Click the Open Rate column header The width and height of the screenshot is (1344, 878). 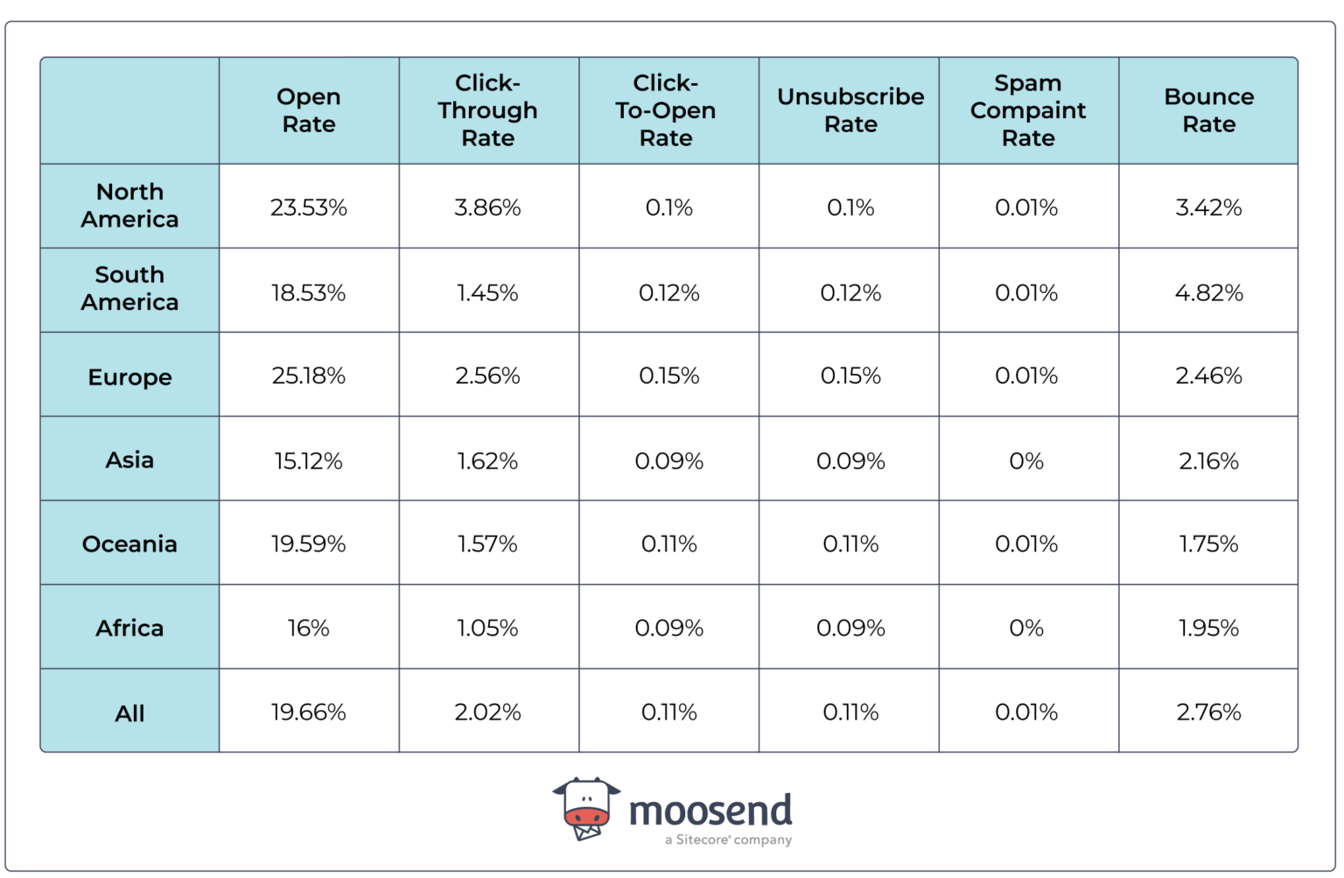pyautogui.click(x=309, y=110)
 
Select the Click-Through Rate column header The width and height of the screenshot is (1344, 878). pyautogui.click(x=488, y=110)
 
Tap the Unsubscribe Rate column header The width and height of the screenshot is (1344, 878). pyautogui.click(x=850, y=110)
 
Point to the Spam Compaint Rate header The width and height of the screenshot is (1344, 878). pyautogui.click(x=1028, y=110)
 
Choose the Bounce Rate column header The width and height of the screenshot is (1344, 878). pyautogui.click(x=1208, y=110)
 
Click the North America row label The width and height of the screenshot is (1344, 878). pyautogui.click(x=129, y=206)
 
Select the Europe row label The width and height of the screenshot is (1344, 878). pyautogui.click(x=129, y=377)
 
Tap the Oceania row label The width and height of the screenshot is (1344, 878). pyautogui.click(x=129, y=544)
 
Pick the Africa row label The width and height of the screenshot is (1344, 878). pyautogui.click(x=129, y=628)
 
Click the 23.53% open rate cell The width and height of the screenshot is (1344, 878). pyautogui.click(x=309, y=207)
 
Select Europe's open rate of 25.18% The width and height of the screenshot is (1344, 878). pyautogui.click(x=309, y=376)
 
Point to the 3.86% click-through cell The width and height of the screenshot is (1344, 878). pyautogui.click(x=488, y=207)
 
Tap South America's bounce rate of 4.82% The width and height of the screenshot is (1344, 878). pyautogui.click(x=1208, y=292)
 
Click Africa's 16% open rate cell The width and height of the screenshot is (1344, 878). pyautogui.click(x=309, y=628)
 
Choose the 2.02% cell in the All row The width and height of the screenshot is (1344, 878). pyautogui.click(x=488, y=712)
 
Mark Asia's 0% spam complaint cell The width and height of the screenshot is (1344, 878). pyautogui.click(x=1026, y=460)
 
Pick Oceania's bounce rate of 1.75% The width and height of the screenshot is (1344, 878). pyautogui.click(x=1208, y=544)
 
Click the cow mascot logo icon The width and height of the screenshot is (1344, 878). pyautogui.click(x=586, y=807)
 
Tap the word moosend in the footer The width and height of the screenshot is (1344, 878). pyautogui.click(x=710, y=811)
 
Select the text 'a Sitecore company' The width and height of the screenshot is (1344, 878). pyautogui.click(x=728, y=840)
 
